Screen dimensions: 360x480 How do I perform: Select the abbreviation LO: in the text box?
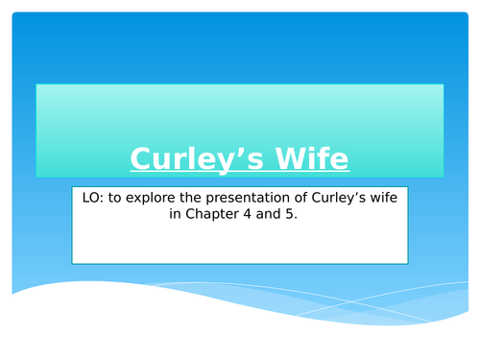(89, 199)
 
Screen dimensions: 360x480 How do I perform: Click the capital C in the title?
(139, 158)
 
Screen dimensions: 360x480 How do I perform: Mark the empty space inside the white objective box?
(240, 245)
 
